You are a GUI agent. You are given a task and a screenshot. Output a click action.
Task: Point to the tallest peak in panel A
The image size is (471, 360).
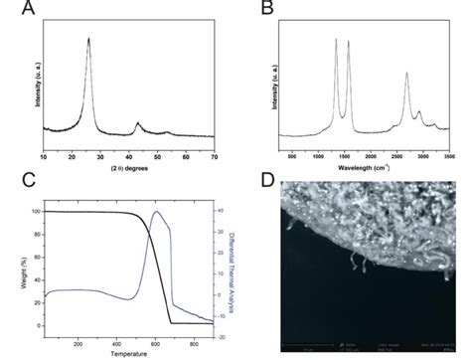pyautogui.click(x=89, y=39)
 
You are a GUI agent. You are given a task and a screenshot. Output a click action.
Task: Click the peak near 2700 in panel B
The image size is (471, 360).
pyautogui.click(x=407, y=73)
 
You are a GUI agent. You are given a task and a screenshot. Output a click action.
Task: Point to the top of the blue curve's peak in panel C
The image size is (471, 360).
pyautogui.click(x=156, y=211)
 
